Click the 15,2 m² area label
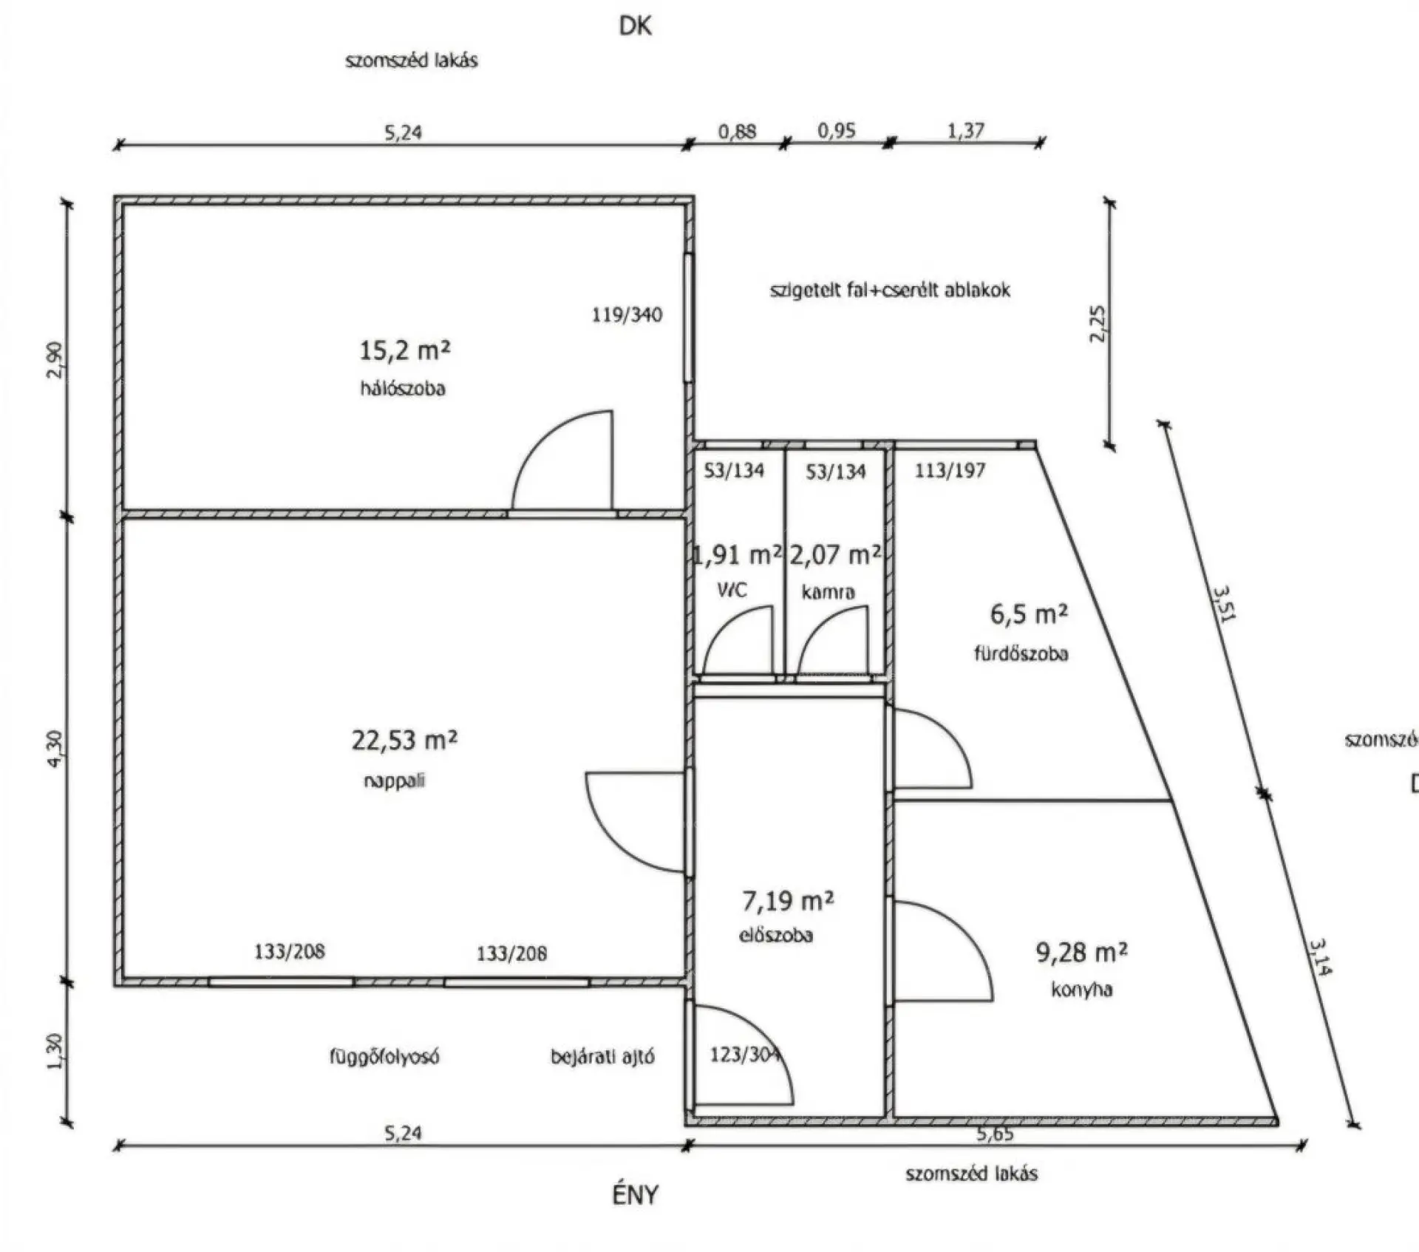click(x=404, y=350)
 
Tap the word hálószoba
click(x=403, y=388)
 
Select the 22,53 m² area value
click(x=404, y=739)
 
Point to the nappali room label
click(x=395, y=780)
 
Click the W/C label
click(x=732, y=590)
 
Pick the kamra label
click(x=828, y=591)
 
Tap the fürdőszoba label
click(x=1021, y=653)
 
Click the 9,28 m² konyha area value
click(x=1082, y=953)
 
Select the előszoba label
click(x=776, y=935)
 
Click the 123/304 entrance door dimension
click(x=745, y=1055)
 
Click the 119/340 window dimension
click(x=627, y=315)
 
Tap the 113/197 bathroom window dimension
click(x=950, y=470)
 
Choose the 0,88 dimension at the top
click(x=737, y=132)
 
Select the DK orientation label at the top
click(x=636, y=27)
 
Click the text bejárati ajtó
click(x=602, y=1057)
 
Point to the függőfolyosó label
click(x=384, y=1057)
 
